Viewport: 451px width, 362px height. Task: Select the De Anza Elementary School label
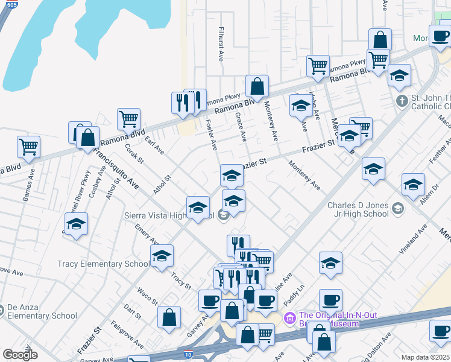42,311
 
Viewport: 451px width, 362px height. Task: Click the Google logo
20,355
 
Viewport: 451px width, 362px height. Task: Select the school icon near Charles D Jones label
397,209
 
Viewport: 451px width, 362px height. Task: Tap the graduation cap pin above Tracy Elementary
162,256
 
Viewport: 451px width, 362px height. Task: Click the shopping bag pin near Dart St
169,317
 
